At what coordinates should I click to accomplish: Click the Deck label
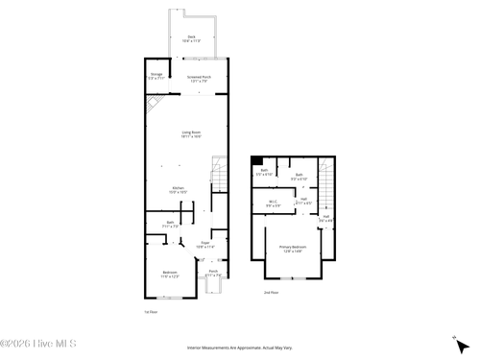191,39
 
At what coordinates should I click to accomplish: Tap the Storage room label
156,75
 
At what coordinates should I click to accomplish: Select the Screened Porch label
200,79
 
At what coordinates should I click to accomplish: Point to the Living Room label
192,134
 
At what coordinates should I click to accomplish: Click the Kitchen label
179,190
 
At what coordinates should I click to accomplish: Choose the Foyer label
204,245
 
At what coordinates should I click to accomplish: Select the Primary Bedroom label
291,249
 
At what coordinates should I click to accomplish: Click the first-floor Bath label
169,225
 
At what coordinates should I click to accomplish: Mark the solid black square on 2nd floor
258,159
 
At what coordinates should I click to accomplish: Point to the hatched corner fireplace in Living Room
153,103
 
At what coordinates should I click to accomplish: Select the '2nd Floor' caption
271,292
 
